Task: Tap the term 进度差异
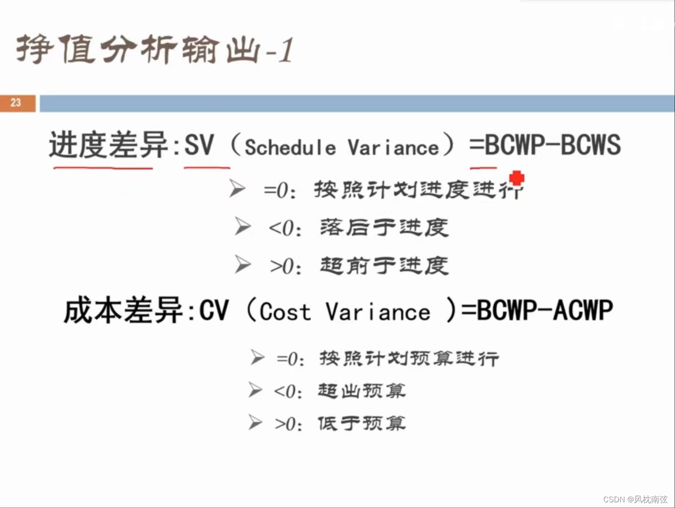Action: pyautogui.click(x=108, y=145)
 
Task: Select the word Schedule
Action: pyautogui.click(x=290, y=147)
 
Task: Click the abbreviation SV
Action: pyautogui.click(x=199, y=145)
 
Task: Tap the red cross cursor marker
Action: pyautogui.click(x=517, y=178)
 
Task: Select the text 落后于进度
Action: pyautogui.click(x=384, y=228)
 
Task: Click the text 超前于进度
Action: pyautogui.click(x=384, y=266)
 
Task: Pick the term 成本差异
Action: pyautogui.click(x=123, y=311)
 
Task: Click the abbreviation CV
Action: pyautogui.click(x=214, y=311)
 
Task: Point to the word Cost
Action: pyautogui.click(x=285, y=312)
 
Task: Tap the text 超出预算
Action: pyautogui.click(x=362, y=391)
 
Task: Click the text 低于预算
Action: pyautogui.click(x=362, y=423)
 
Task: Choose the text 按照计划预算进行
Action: pyautogui.click(x=409, y=359)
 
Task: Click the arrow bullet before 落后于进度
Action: pyautogui.click(x=243, y=227)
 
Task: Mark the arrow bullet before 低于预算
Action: pyautogui.click(x=255, y=423)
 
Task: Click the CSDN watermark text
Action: pyautogui.click(x=635, y=499)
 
